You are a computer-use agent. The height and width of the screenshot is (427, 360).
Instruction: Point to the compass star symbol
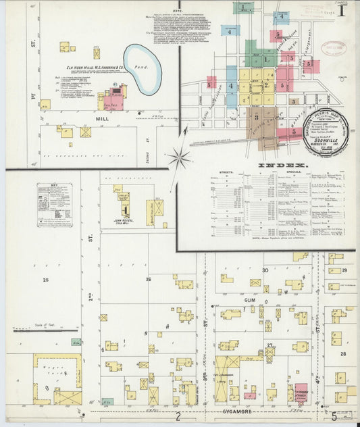(180, 158)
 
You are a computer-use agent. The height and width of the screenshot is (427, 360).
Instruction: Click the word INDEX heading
(282, 165)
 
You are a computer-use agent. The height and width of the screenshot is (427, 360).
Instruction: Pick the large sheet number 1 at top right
(343, 11)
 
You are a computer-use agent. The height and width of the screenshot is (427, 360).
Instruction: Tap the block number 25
(45, 278)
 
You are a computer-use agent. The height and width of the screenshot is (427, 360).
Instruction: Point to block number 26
(148, 278)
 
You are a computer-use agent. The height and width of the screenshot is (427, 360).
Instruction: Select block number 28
(343, 353)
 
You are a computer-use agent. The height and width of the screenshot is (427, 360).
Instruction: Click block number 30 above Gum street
(265, 270)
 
